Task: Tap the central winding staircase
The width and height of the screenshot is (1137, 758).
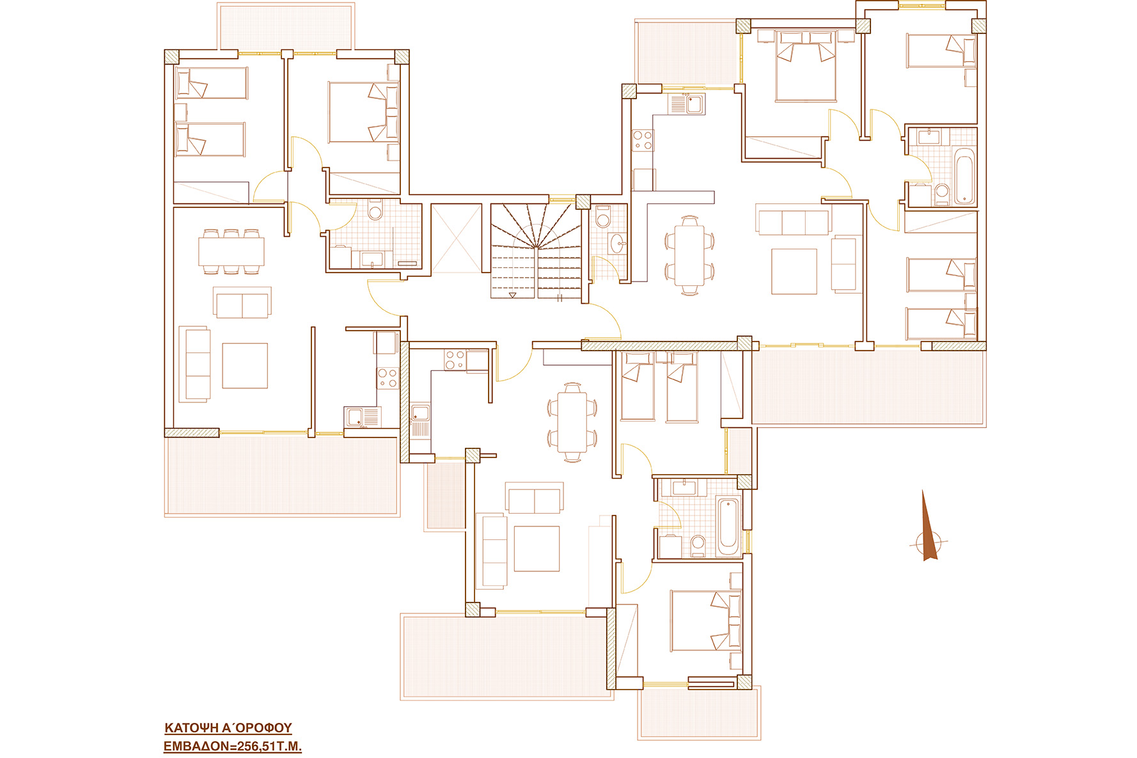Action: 536,251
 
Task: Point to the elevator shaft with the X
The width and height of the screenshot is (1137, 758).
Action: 456,238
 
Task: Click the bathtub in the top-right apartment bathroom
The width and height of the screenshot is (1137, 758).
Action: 964,176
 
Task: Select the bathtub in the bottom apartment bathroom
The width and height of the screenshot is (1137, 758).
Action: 728,526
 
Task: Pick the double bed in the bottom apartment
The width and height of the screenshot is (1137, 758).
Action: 706,621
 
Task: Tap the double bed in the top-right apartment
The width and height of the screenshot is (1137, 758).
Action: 806,67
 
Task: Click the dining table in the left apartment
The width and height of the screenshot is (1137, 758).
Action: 231,251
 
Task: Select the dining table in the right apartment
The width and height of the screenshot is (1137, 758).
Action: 689,255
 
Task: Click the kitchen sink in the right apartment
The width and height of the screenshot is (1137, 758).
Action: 686,104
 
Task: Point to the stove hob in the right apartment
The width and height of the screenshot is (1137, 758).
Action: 643,140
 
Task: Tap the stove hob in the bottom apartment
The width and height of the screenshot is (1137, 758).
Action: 455,360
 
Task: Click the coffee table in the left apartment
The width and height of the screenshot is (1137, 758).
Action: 245,365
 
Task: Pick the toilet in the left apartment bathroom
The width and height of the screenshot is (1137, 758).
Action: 375,209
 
